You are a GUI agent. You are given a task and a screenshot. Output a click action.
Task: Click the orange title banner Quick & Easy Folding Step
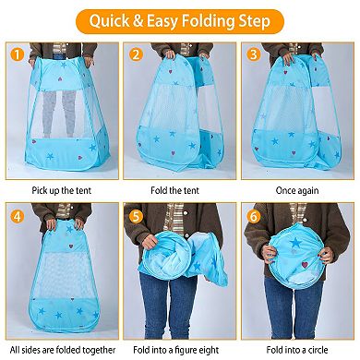pos(180,18)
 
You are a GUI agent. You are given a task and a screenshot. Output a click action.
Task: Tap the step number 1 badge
pos(17,54)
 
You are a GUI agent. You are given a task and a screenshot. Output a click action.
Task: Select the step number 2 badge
pos(136,54)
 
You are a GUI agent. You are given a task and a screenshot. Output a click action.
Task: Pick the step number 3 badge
pos(254,54)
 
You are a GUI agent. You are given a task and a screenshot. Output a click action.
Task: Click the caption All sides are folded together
pos(60,350)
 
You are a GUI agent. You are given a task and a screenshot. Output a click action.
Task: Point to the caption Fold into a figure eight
pos(179,350)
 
